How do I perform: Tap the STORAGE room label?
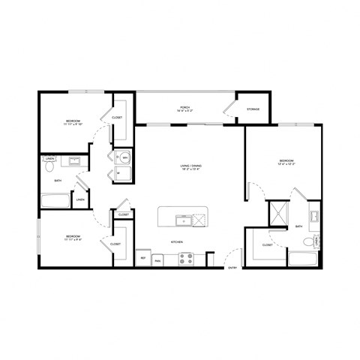[253, 109]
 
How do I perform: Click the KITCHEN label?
[177, 242]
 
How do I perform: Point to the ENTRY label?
[232, 267]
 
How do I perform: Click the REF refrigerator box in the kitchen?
[143, 258]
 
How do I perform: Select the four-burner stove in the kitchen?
[186, 258]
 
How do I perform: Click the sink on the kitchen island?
[181, 220]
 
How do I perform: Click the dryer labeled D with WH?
[124, 157]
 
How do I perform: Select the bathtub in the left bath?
[55, 200]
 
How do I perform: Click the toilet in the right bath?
[306, 241]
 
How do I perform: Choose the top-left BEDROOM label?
[72, 120]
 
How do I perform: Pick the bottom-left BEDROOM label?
[72, 236]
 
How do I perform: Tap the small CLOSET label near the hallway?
[123, 215]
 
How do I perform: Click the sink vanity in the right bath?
[315, 217]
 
